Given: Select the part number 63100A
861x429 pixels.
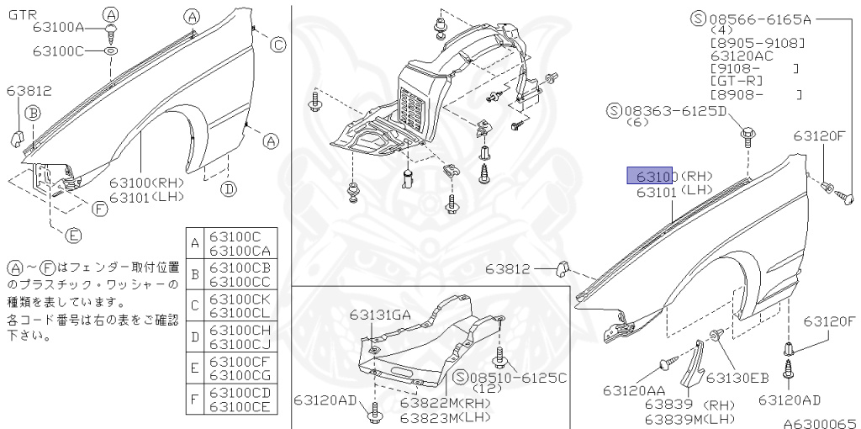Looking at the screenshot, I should tap(59, 28).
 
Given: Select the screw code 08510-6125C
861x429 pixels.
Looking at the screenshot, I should tap(512, 378).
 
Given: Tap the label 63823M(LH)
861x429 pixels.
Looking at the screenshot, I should tap(434, 416).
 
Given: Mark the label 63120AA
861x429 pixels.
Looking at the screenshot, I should tap(633, 390).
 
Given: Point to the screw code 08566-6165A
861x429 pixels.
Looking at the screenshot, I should tap(755, 19).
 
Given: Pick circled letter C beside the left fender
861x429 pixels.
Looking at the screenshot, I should tap(277, 45).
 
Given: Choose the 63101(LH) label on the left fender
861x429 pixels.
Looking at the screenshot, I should tap(147, 197).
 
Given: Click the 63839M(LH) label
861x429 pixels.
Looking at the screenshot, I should tap(689, 417).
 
